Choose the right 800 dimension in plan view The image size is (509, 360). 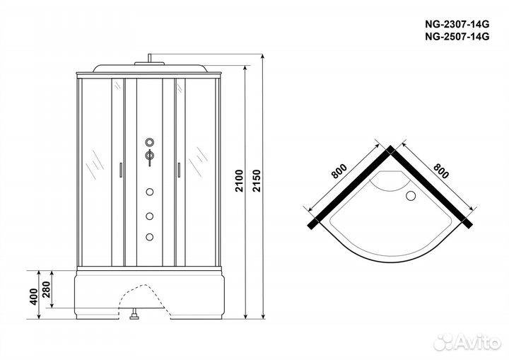coord(440,175)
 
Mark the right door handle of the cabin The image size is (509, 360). coord(178,170)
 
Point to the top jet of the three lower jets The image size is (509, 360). coord(150,191)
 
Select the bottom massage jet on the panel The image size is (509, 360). coord(150,236)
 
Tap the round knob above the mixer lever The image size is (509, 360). coord(150,140)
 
